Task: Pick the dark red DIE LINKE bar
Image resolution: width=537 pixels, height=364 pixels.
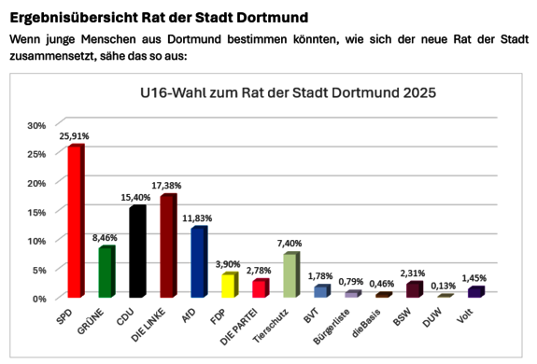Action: pos(167,247)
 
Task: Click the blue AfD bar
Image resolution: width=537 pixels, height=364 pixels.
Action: pos(197,263)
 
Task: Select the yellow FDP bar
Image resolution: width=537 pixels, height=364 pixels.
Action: pos(228,286)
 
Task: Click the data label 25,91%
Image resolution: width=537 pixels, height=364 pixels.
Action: pos(74,136)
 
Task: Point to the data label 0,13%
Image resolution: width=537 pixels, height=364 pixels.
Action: pos(445,286)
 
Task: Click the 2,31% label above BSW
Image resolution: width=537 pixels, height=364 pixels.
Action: pos(414,273)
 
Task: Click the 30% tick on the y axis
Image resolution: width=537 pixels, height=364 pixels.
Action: pos(37,125)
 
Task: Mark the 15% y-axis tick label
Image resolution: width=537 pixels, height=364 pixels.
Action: pos(37,212)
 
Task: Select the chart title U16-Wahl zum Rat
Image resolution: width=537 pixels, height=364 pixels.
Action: pos(288,93)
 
